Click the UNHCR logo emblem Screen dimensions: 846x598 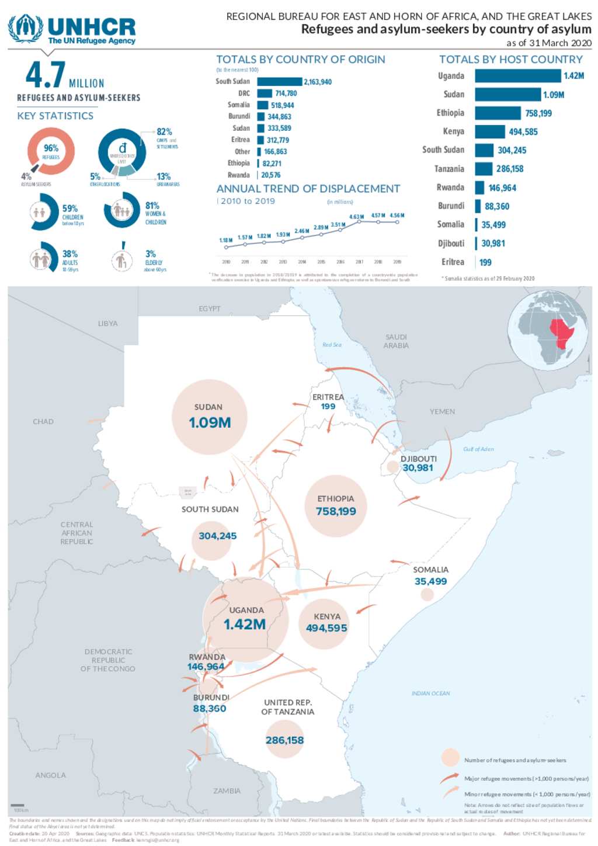point(25,29)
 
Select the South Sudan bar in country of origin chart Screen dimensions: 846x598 point(279,82)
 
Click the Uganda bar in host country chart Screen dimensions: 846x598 point(517,76)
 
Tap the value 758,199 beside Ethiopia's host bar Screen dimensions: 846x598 point(538,113)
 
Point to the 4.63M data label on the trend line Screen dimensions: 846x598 point(356,217)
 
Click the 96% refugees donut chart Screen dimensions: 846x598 point(51,151)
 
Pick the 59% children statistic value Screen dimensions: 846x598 point(70,209)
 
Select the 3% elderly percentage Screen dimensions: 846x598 point(150,254)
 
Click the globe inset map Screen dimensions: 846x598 point(548,331)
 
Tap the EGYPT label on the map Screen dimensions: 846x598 point(210,308)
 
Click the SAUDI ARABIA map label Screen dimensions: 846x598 point(396,341)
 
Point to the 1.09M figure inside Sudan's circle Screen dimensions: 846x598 point(210,423)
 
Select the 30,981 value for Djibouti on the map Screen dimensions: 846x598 point(418,468)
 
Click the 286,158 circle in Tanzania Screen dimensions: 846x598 point(284,740)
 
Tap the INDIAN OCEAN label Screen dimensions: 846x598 point(430,694)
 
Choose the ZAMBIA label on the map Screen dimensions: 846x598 point(227,791)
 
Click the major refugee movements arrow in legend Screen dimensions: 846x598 point(449,778)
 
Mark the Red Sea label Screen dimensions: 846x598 point(332,345)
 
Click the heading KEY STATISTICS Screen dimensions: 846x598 point(55,116)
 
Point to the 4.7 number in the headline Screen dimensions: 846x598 point(45,75)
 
